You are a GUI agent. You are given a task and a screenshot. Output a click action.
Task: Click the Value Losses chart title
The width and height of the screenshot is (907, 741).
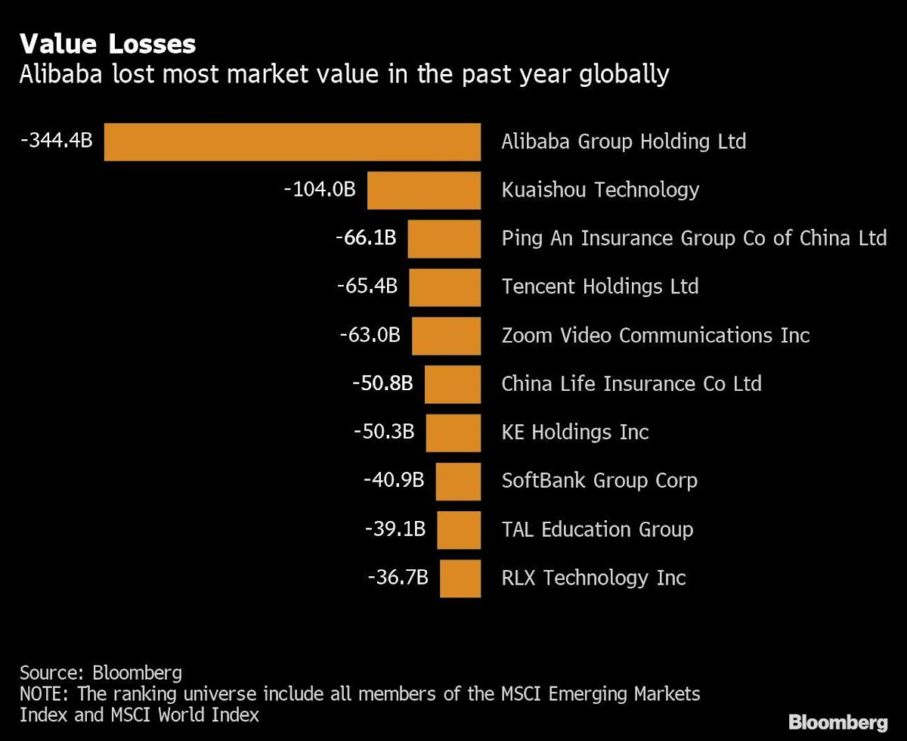click(108, 44)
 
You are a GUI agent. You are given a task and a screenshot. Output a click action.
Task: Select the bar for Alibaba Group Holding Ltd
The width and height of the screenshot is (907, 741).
click(292, 142)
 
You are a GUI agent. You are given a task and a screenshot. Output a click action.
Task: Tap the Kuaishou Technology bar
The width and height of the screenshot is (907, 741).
click(424, 191)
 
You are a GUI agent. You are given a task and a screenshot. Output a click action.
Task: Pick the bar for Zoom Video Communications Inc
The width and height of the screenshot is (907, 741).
click(446, 336)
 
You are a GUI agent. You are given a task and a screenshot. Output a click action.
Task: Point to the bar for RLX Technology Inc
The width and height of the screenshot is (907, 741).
click(460, 578)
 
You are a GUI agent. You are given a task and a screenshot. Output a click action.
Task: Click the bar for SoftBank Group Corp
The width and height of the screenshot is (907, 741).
click(458, 481)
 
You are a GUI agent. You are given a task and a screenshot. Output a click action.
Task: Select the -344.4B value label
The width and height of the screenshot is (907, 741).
click(57, 140)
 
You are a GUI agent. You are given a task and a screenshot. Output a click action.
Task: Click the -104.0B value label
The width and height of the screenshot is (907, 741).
click(319, 189)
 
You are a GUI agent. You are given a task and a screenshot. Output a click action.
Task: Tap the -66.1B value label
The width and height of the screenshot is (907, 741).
click(366, 238)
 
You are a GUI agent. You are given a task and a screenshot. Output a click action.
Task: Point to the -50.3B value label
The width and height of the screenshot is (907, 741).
click(384, 432)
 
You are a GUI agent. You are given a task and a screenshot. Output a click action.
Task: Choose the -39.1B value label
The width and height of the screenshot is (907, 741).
click(395, 529)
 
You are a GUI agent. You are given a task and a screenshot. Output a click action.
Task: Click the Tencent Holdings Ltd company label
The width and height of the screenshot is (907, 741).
click(599, 287)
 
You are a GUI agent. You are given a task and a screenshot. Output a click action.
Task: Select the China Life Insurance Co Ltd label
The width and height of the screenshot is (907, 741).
click(631, 383)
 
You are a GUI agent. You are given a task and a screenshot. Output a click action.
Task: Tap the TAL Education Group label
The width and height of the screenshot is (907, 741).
click(597, 529)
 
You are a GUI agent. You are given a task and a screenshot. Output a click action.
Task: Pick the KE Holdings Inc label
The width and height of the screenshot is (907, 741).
click(575, 432)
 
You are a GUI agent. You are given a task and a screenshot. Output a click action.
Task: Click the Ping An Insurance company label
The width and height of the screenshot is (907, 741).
click(693, 238)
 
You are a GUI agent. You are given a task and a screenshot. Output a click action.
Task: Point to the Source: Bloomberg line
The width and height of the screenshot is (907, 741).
click(101, 673)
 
